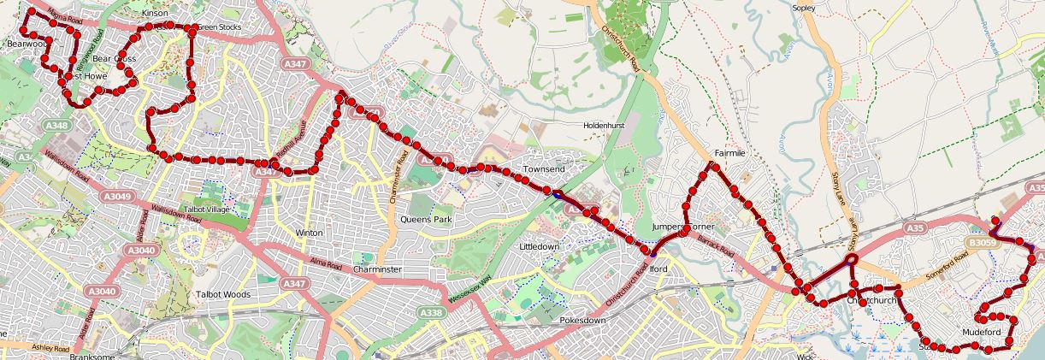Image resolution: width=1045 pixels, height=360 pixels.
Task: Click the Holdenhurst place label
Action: [x=605, y=125]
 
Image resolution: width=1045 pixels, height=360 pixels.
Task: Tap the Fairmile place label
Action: [x=731, y=153]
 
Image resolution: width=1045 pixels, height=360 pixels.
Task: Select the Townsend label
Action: [x=544, y=169]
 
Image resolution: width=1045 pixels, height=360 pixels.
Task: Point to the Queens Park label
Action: [x=426, y=219]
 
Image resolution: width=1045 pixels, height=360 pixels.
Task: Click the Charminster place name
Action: [x=377, y=269]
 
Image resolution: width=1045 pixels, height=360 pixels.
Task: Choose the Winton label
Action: [x=309, y=233]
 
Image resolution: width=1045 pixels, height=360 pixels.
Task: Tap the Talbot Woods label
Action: [x=222, y=294]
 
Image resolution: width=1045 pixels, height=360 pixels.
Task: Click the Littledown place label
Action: [x=540, y=246]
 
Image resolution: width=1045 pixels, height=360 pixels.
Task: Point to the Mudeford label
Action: [x=981, y=331]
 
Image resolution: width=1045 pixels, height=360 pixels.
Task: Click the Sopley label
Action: [x=805, y=8]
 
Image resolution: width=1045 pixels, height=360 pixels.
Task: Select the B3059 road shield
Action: [x=983, y=244]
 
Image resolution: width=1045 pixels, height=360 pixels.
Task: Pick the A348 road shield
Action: [x=57, y=126]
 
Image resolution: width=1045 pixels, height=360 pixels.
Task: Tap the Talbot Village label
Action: [x=206, y=210]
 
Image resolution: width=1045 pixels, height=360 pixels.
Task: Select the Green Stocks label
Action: [x=219, y=27]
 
